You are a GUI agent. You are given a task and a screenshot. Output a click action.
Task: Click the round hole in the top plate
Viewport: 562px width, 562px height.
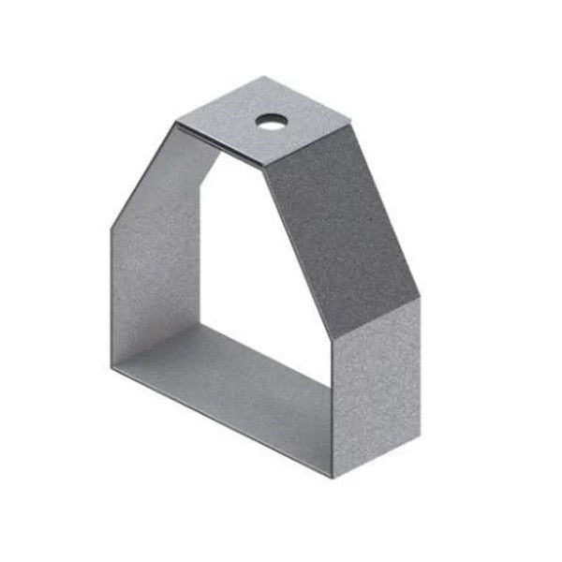click(x=273, y=121)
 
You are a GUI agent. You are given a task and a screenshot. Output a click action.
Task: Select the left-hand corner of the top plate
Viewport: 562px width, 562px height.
click(x=175, y=121)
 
